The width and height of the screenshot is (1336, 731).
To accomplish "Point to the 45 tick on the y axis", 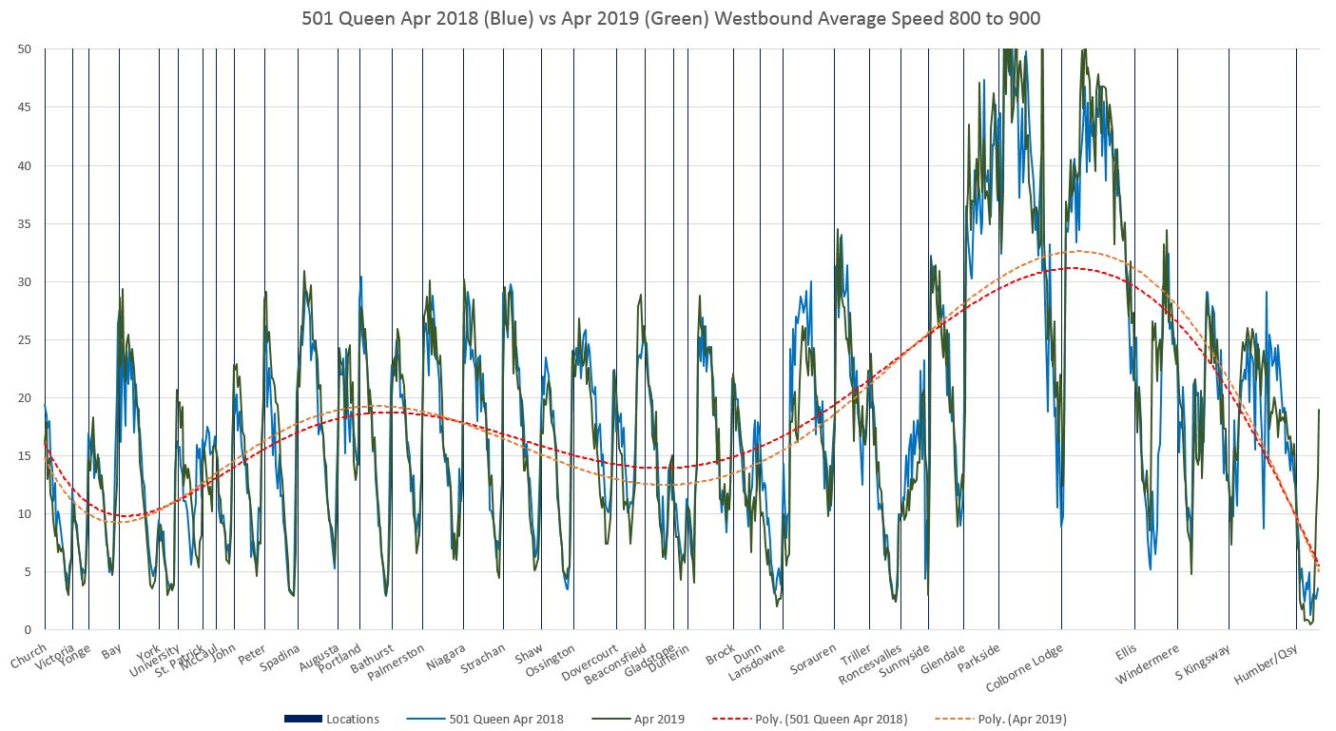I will click(25, 107).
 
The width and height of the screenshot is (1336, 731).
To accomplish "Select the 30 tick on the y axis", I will click(25, 282).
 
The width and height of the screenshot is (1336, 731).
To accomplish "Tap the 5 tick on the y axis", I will click(29, 572).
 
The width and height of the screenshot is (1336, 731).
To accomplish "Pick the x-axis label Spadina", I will click(281, 658).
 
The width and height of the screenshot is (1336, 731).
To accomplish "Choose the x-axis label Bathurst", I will click(372, 659).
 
